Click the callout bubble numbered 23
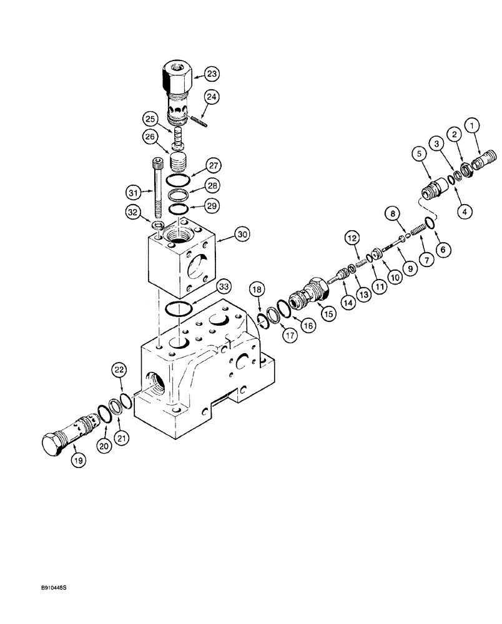[213, 74]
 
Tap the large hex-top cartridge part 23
[178, 87]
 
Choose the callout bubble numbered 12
[351, 237]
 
